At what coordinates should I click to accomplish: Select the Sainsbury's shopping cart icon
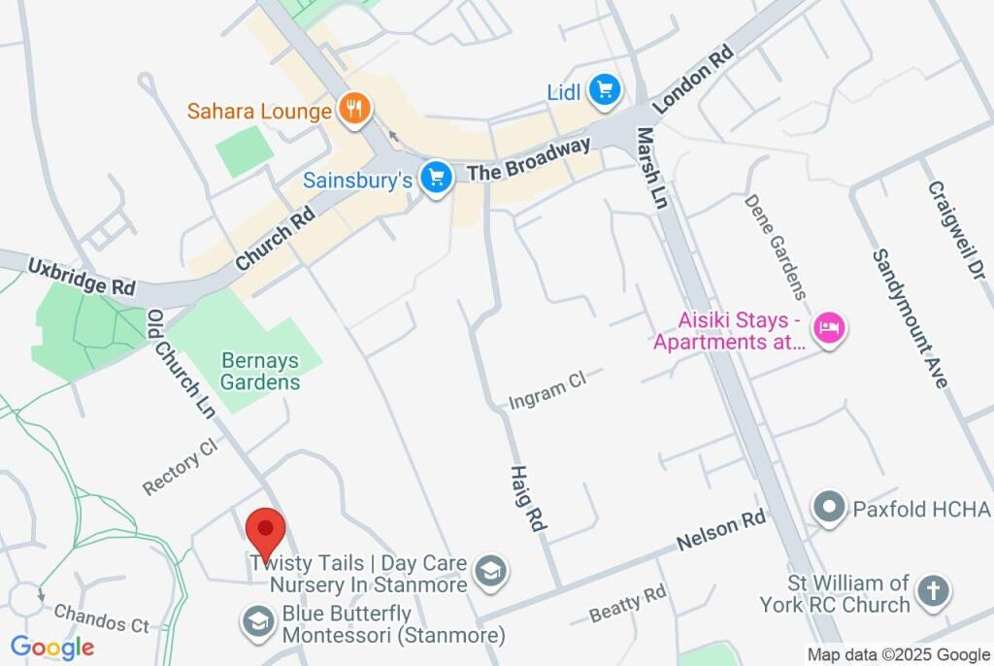coord(436,178)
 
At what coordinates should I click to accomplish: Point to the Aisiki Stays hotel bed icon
coord(829,327)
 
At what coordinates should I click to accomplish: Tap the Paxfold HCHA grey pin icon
coord(830,508)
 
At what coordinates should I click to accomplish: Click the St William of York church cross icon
coord(933,589)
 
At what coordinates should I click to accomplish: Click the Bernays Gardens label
coord(259,371)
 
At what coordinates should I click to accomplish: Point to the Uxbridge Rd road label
coord(82,277)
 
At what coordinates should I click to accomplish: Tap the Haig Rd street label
coord(528,496)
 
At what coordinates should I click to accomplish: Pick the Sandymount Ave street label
coord(909,318)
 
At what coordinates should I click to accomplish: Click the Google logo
coord(52,648)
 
